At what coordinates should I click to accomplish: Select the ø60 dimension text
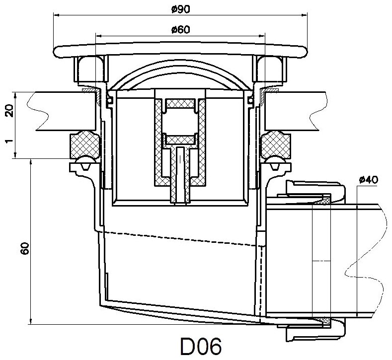[x=179, y=30]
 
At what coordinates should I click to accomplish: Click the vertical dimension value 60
[x=26, y=248]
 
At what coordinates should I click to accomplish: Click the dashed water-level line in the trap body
[x=179, y=237]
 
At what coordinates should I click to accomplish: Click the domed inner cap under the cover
[x=179, y=79]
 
